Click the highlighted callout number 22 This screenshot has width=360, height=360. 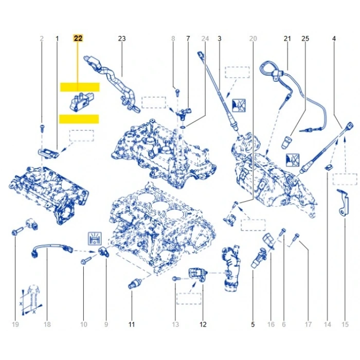point(78,39)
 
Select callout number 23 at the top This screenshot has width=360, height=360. point(122,39)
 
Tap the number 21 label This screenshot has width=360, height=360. point(287,39)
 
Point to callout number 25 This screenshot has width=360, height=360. point(305,39)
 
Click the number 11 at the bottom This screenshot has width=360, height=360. point(131,324)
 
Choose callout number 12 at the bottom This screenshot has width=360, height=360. point(203,324)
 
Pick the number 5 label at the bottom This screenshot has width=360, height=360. point(253,324)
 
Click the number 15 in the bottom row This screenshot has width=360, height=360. point(345,324)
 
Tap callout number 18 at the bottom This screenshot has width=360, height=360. point(47,324)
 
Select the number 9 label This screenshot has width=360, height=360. point(106,324)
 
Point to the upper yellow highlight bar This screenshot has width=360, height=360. point(79,87)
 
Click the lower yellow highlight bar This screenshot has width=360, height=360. point(79,119)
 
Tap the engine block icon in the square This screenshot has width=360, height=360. point(95,239)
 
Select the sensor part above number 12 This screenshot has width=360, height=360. point(196,274)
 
